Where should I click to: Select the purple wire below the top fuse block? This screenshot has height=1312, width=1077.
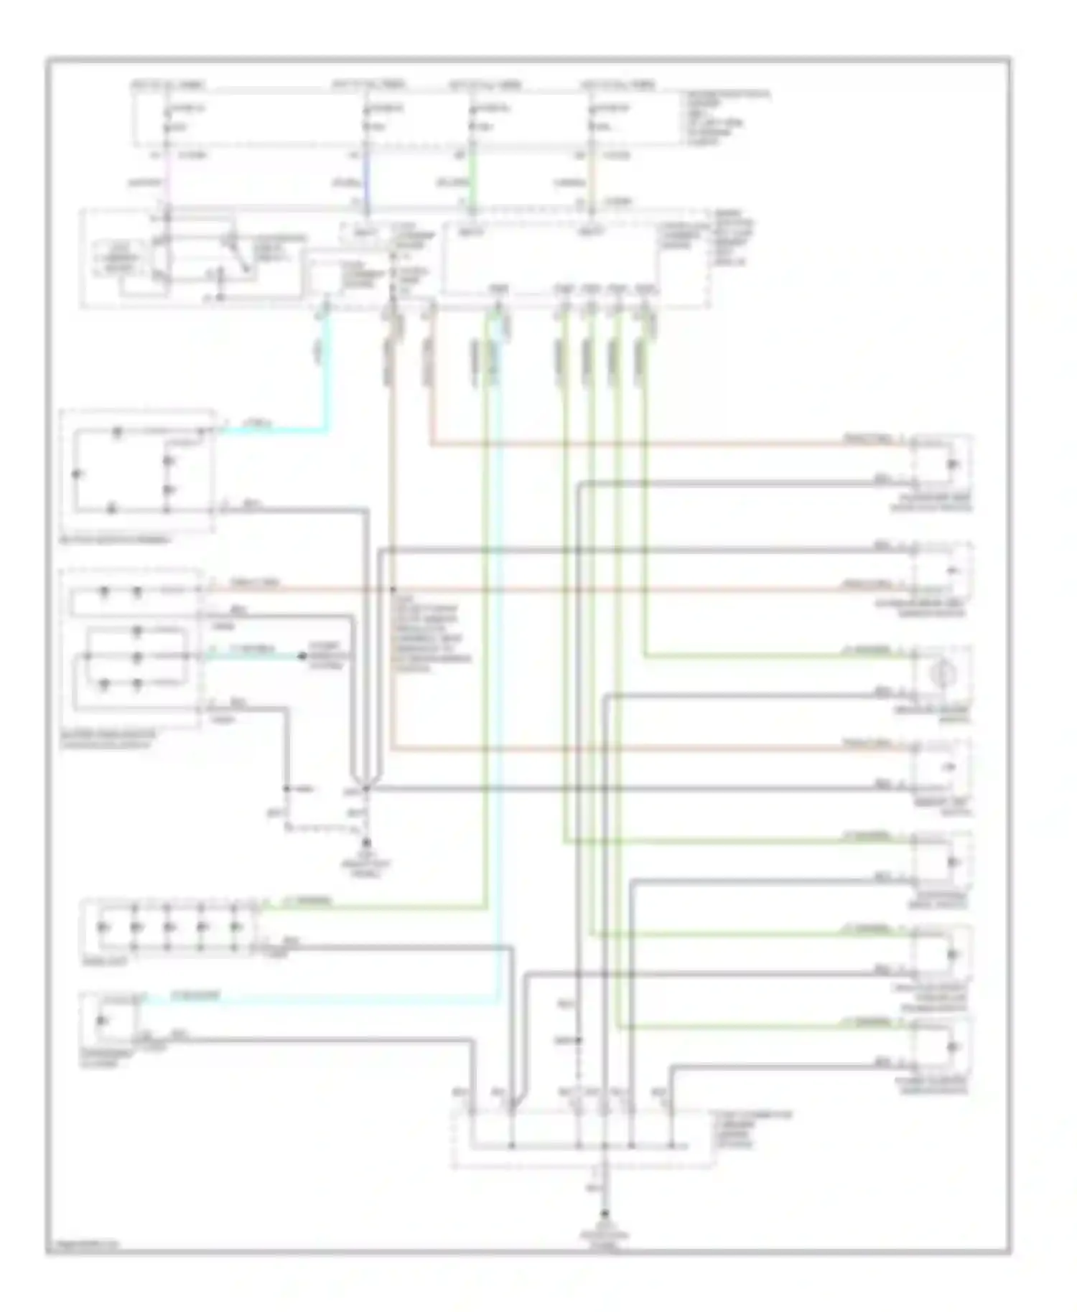(167, 183)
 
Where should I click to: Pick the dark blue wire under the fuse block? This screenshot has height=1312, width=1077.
(367, 183)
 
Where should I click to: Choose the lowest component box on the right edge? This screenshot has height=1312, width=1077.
(941, 1048)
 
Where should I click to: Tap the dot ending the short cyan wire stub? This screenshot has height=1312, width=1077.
(301, 657)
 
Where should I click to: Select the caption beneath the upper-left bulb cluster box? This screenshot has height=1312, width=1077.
(115, 540)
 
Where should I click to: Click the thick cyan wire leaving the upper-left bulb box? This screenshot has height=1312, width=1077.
(273, 431)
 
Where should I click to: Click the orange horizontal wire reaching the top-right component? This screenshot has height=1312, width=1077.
(646, 444)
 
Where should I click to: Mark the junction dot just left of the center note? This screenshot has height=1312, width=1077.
(393, 590)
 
